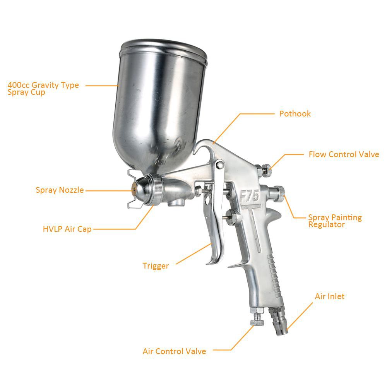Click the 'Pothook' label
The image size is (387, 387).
coord(295,114)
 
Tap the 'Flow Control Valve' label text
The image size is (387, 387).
coord(344,154)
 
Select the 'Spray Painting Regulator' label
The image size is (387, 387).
coord(335,221)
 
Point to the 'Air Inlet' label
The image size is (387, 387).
coord(329,296)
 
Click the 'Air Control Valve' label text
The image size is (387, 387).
coord(174,351)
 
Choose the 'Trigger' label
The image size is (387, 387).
coord(156,266)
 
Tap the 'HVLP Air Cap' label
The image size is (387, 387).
coord(67,229)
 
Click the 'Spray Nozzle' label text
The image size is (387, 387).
coord(60,190)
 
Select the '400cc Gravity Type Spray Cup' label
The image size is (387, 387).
coord(43,89)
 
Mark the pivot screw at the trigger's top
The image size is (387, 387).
coord(219,164)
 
